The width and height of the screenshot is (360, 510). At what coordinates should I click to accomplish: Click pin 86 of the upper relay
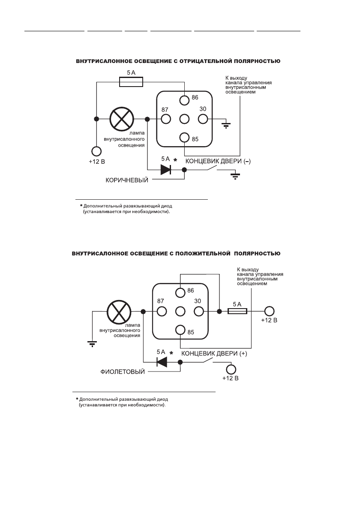pos(185,100)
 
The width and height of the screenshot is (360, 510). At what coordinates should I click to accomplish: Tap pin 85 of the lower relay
pos(180,330)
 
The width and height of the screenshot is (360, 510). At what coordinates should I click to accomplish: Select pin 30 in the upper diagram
pos(202,119)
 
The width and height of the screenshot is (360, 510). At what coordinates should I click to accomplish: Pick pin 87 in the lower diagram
pos(162,312)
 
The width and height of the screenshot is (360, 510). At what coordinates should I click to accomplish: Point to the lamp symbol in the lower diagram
pos(117,312)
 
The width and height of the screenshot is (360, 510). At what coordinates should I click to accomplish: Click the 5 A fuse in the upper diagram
pos(131,81)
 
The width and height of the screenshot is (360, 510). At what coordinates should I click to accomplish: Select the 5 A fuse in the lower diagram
pos(237,312)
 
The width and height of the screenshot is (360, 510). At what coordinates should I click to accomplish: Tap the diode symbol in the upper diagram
pos(166,169)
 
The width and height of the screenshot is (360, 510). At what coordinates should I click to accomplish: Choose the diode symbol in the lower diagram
pos(162,362)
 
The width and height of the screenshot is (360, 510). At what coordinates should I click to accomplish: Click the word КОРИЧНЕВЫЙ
pos(127,180)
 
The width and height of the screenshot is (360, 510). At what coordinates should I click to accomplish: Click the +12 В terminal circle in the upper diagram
pos(96,151)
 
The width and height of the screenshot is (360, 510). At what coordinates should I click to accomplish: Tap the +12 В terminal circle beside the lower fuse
pos(269,312)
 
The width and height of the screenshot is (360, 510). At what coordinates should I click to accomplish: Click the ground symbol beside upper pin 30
pos(225,125)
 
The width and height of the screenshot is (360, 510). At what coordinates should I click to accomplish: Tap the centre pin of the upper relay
pos(185,119)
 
